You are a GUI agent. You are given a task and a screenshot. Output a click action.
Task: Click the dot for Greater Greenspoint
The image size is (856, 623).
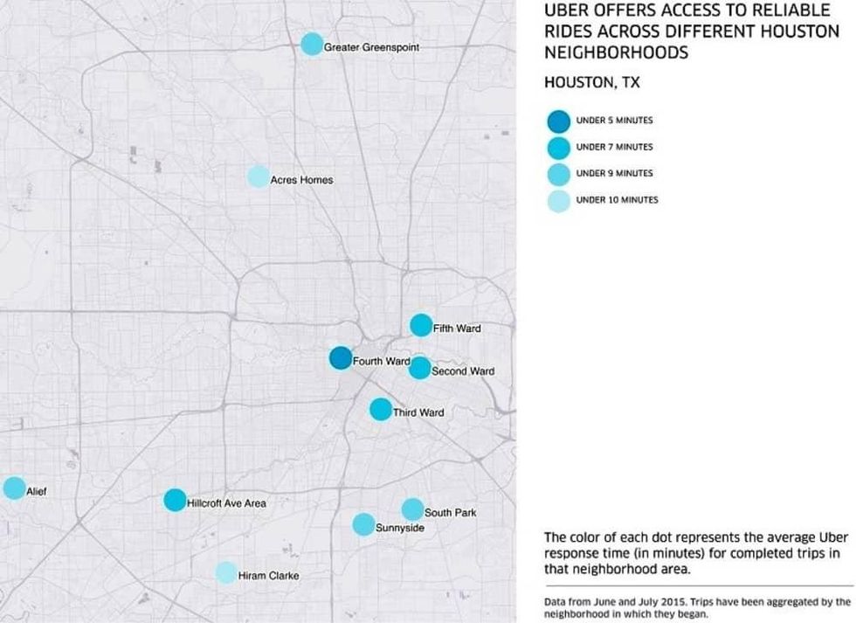tap(311, 45)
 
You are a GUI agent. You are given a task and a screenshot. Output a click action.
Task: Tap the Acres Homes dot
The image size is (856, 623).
tap(258, 177)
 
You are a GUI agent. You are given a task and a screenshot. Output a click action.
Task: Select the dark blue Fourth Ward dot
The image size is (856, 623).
tap(341, 357)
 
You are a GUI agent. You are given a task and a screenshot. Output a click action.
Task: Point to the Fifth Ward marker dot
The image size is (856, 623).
tap(421, 325)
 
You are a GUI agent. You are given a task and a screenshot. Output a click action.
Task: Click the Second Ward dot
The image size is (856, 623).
tap(420, 368)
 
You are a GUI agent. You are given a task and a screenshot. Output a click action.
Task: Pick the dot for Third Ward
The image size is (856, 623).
tap(381, 409)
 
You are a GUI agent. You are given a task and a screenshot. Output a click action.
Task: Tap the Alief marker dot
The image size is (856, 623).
tap(14, 488)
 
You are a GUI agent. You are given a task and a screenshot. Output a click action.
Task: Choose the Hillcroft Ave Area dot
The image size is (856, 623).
tap(175, 500)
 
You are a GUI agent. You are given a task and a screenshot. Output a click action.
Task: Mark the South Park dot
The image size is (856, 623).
tap(412, 509)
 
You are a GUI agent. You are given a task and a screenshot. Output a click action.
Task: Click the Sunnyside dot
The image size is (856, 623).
tap(363, 524)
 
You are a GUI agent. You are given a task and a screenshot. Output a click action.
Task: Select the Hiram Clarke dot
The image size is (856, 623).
tap(226, 573)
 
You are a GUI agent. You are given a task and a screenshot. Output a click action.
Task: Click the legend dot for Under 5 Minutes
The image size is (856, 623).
tap(559, 121)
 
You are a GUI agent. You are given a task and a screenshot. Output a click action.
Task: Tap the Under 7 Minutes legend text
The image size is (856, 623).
tap(614, 147)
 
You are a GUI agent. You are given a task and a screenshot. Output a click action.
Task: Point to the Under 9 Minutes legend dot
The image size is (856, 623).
tap(559, 173)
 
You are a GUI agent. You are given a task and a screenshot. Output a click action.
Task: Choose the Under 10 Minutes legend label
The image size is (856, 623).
tap(617, 200)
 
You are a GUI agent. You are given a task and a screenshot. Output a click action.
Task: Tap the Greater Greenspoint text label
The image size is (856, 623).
tap(372, 47)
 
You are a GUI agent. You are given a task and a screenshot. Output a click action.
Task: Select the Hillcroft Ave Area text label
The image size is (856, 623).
tap(226, 503)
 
